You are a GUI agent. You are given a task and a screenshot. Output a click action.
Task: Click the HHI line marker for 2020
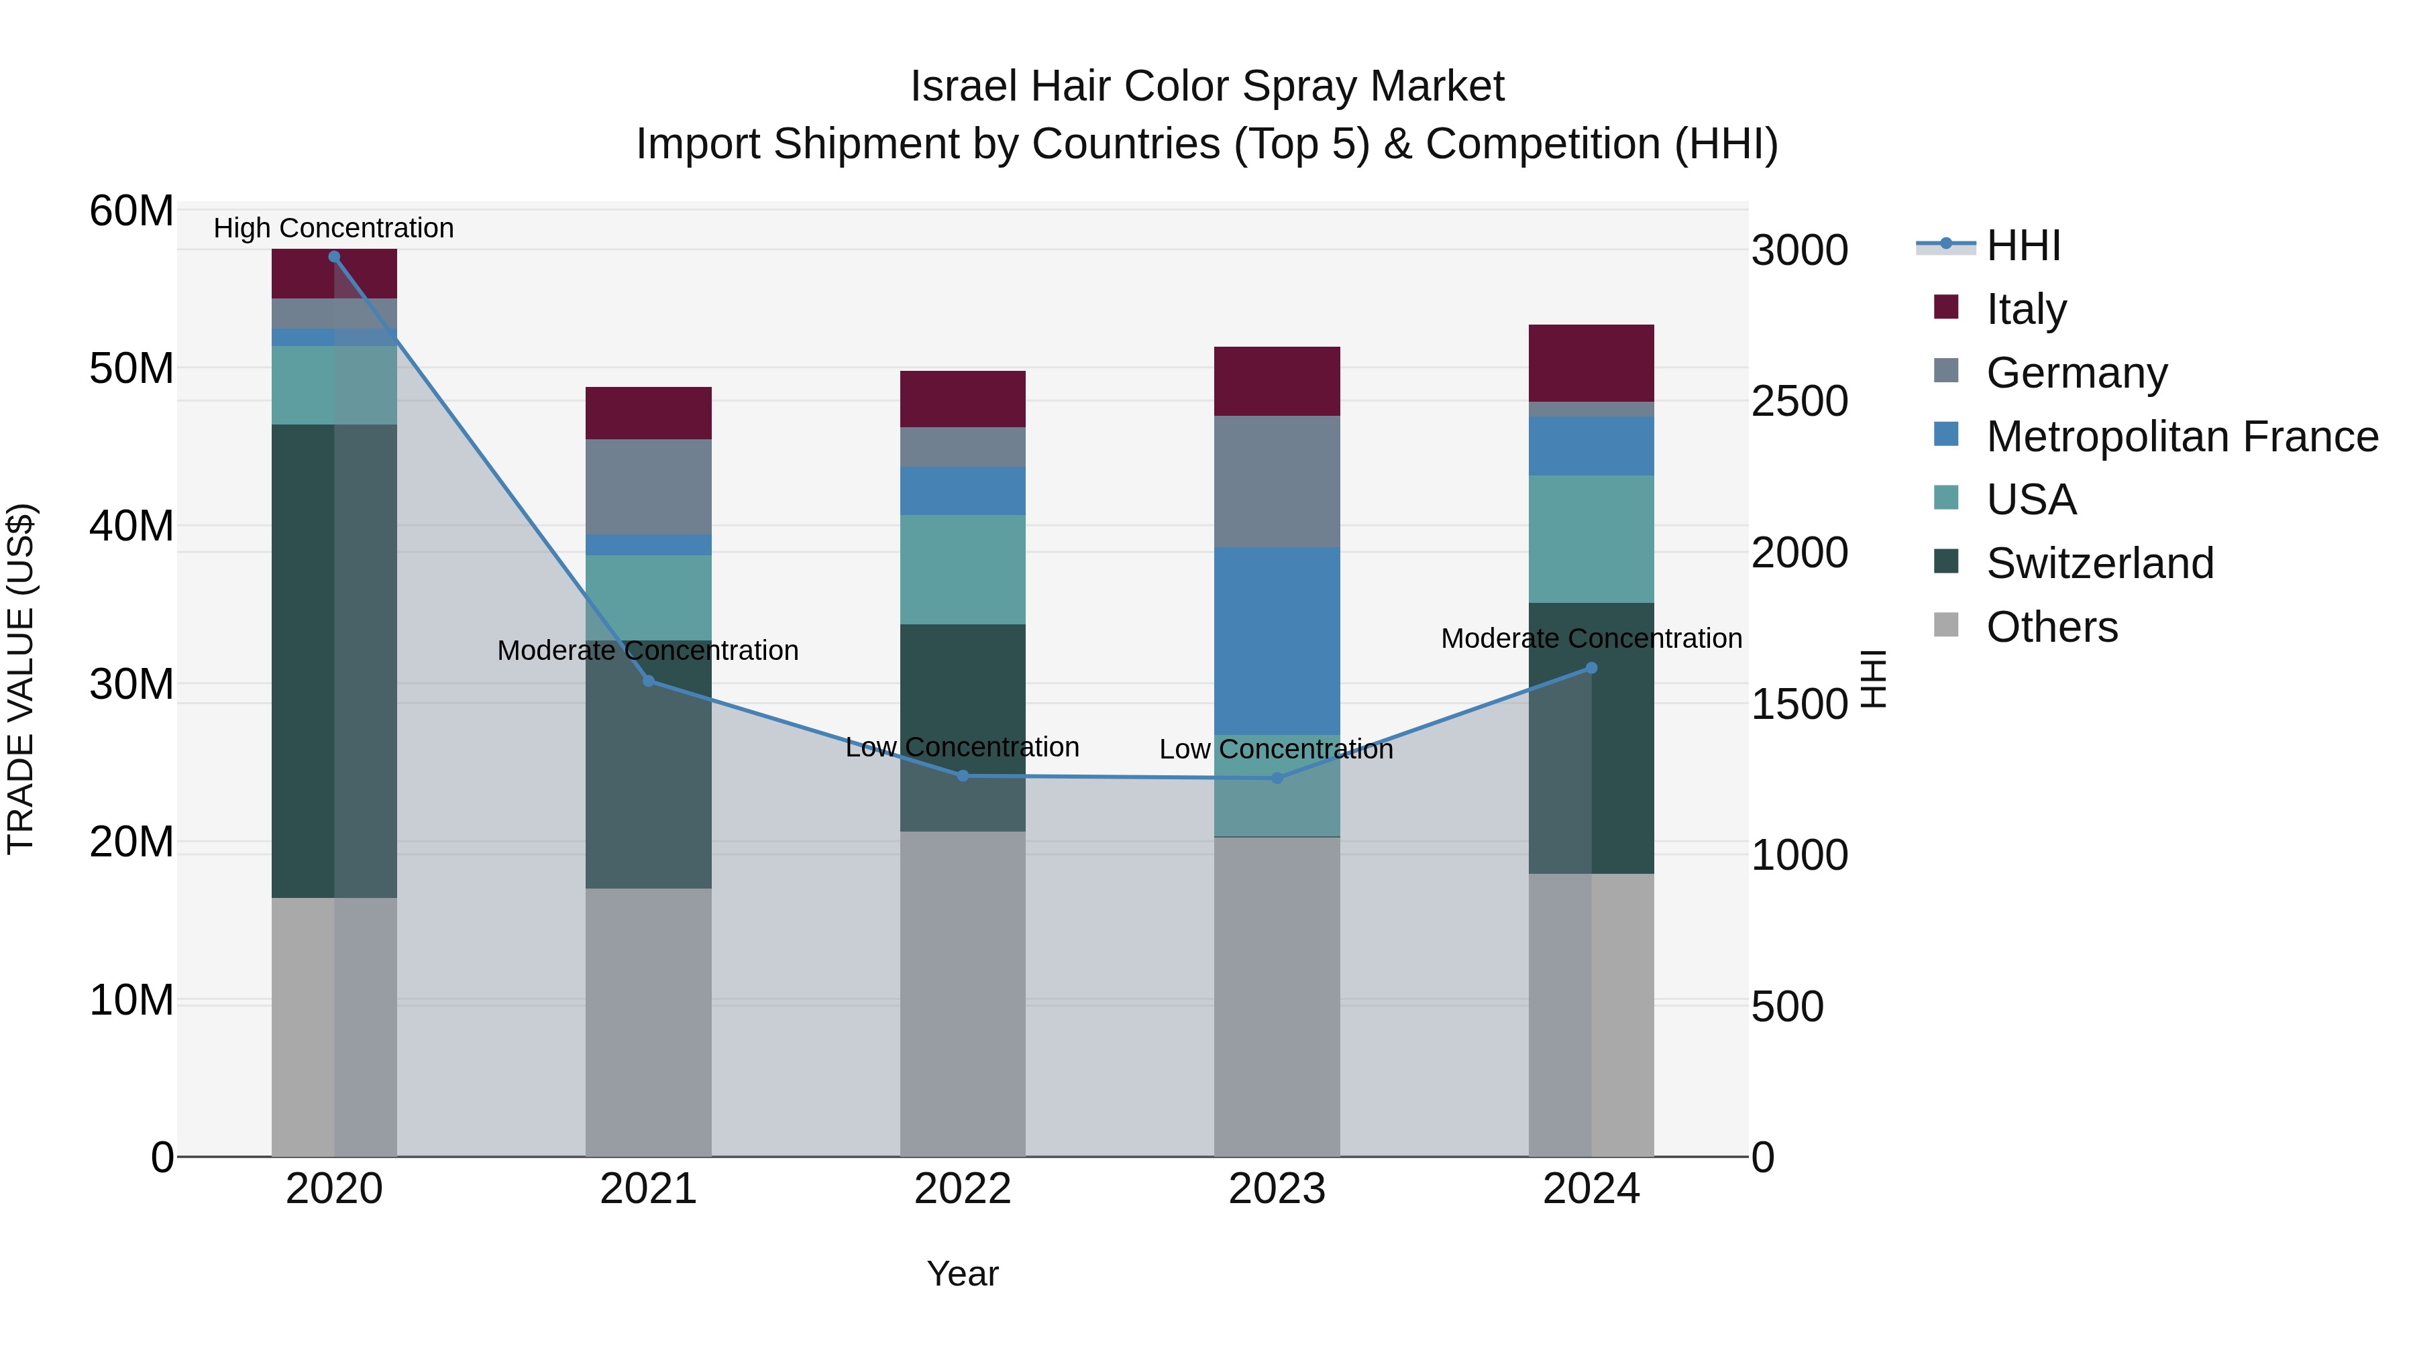pos(334,257)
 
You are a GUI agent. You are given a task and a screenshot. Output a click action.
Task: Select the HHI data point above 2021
pos(648,681)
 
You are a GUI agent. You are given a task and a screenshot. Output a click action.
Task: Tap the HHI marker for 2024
pos(1591,668)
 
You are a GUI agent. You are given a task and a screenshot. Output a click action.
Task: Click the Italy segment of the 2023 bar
pos(1277,382)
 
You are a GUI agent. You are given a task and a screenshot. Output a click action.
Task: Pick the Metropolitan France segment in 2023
pos(1277,642)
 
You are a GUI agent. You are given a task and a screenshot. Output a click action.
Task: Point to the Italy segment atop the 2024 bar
pos(1591,363)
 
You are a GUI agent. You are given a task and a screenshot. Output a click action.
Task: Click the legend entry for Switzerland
pos(2099,563)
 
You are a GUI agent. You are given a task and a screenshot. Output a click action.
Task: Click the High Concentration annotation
pos(334,228)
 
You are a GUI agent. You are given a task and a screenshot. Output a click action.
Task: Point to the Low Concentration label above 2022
pos(962,747)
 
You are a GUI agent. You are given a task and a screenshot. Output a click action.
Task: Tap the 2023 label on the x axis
pos(1277,1189)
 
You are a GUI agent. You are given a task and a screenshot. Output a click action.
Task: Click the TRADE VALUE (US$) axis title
pos(21,679)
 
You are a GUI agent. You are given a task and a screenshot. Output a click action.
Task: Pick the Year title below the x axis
pos(962,1274)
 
